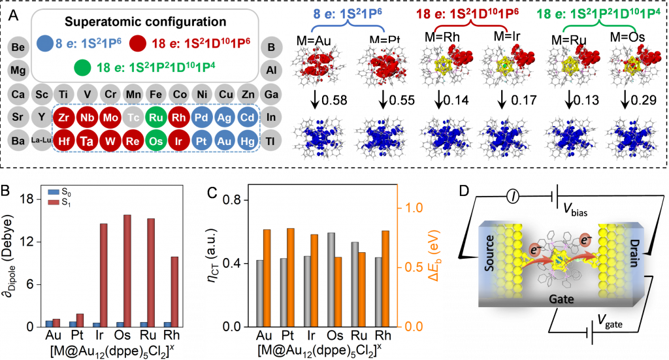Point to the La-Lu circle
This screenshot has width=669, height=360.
(41, 140)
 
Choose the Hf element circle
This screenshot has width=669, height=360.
(64, 140)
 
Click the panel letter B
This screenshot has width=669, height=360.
(6, 191)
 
